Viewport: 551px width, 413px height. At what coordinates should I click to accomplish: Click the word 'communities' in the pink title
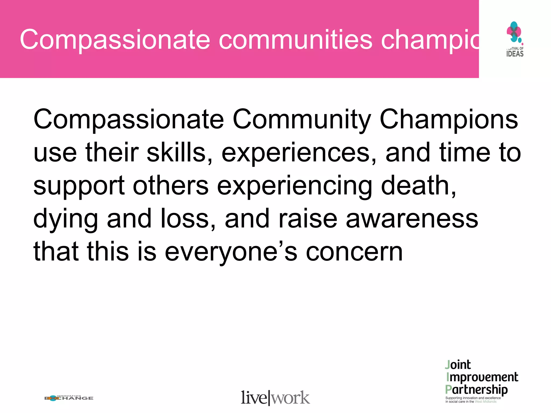coord(296,40)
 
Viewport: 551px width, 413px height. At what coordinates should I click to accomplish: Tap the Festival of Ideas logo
coord(515,39)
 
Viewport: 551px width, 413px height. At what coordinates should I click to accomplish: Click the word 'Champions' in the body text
coord(448,120)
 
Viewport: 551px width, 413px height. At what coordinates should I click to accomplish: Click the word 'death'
coord(418,186)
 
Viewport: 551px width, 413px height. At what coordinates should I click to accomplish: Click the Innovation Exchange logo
coord(69,398)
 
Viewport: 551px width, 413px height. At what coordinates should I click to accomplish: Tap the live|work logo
coord(275,398)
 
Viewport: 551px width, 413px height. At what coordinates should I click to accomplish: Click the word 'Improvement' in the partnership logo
coord(482,377)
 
